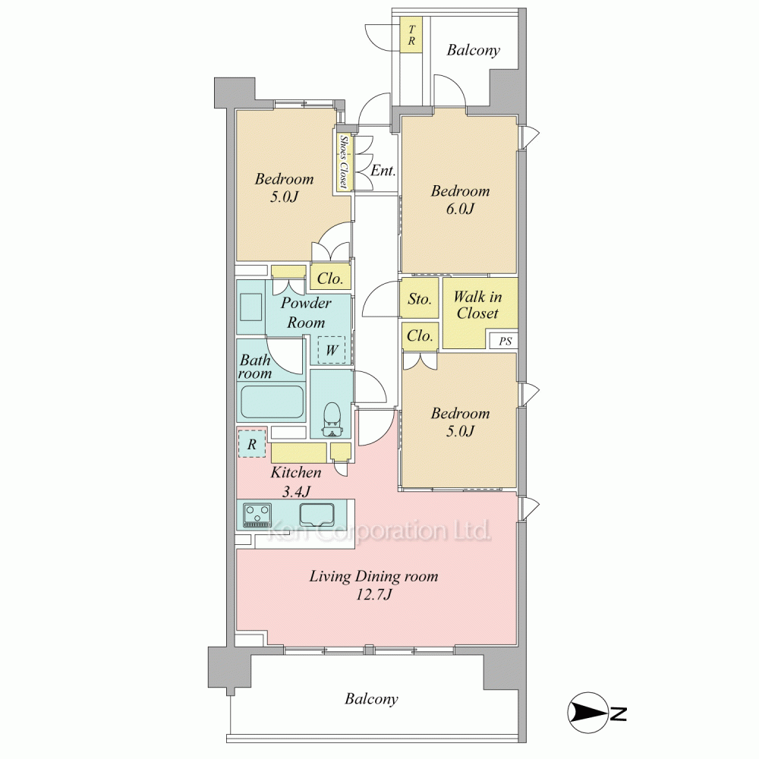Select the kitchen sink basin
click(317, 515)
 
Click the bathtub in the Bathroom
click(272, 402)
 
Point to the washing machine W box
click(332, 349)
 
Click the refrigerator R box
click(252, 444)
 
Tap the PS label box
click(505, 342)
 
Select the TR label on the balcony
click(411, 35)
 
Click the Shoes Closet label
click(344, 162)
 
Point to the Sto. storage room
click(420, 298)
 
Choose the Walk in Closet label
click(477, 305)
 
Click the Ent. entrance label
click(383, 170)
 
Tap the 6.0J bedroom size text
click(460, 209)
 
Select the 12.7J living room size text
click(373, 594)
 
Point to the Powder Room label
click(307, 313)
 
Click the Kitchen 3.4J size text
click(296, 491)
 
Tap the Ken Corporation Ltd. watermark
click(379, 531)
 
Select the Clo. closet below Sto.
click(420, 335)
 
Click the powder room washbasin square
click(250, 307)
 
